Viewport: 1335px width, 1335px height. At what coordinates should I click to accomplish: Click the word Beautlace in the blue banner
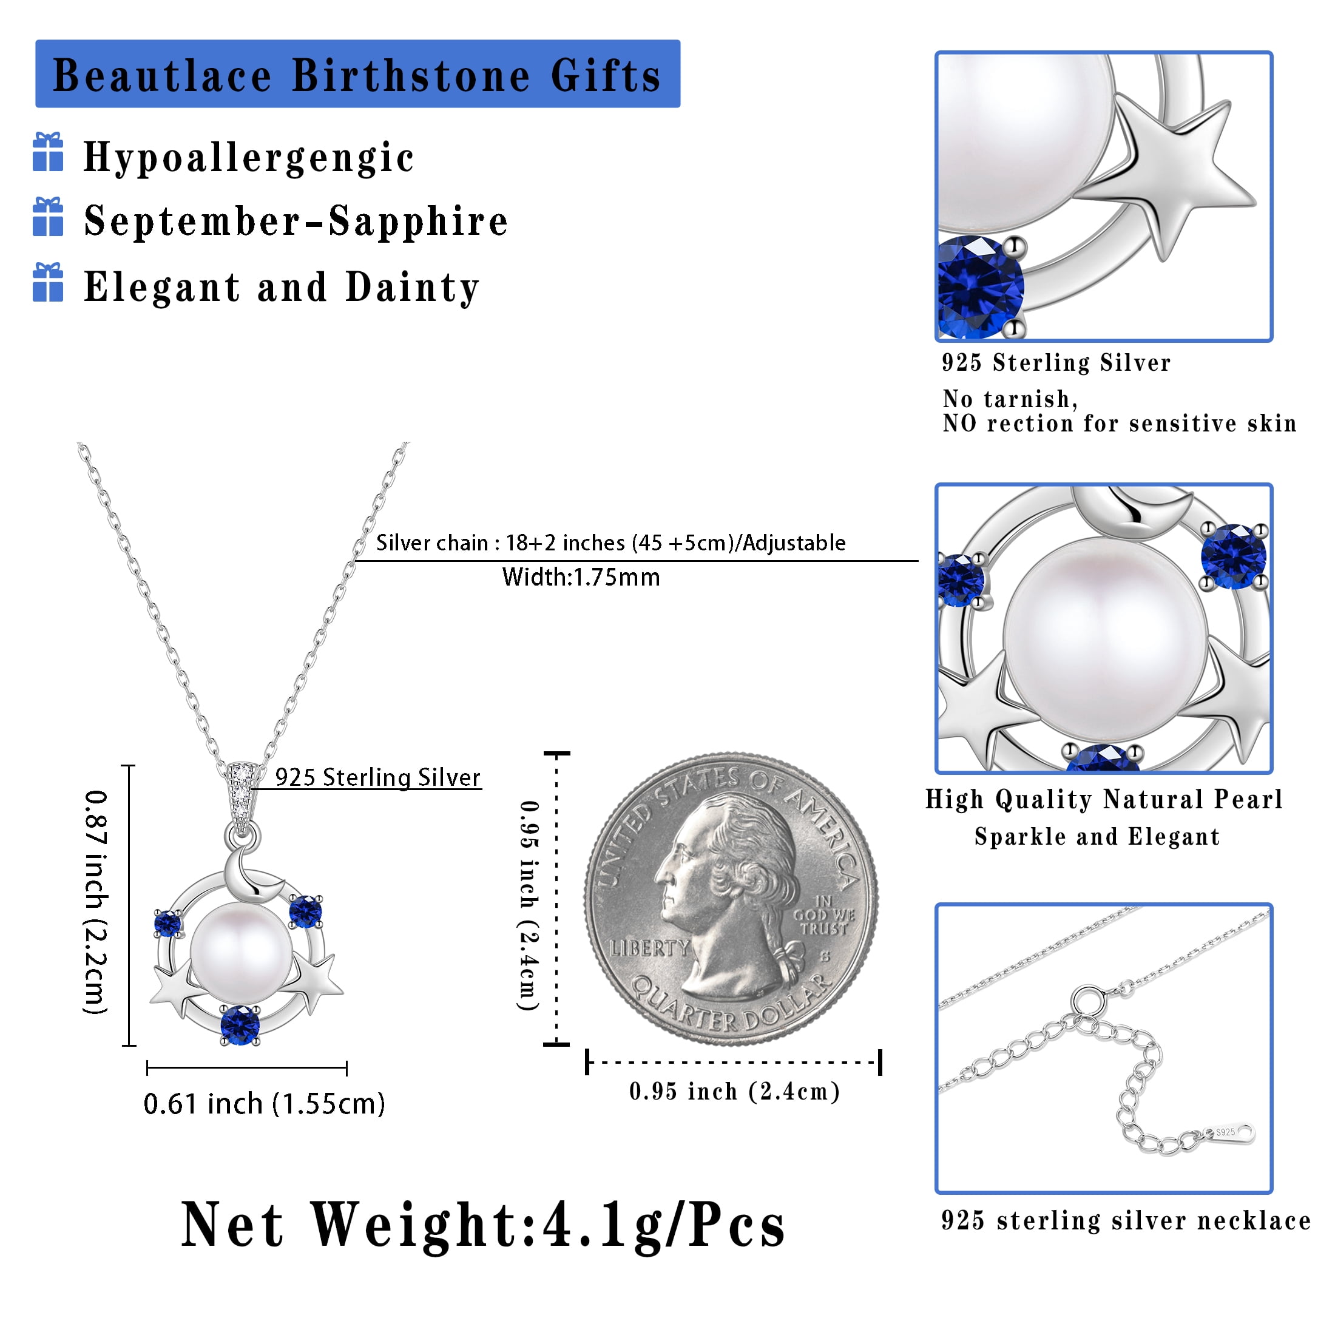(163, 75)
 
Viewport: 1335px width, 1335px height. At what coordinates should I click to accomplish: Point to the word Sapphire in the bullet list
(418, 222)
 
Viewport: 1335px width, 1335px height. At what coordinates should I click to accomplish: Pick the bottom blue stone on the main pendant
(240, 1024)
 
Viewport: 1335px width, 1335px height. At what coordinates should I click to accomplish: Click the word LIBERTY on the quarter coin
(649, 947)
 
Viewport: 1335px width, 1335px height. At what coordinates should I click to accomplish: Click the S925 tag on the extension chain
(1229, 1132)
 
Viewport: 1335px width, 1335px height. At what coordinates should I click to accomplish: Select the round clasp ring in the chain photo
(1087, 1001)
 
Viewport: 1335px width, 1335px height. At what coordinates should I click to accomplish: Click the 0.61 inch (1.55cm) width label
(264, 1104)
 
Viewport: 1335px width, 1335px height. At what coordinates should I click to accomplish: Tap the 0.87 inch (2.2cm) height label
(96, 902)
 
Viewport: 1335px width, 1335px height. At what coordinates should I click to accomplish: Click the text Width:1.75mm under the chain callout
(581, 577)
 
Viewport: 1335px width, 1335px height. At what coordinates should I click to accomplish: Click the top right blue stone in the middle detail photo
(1234, 556)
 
